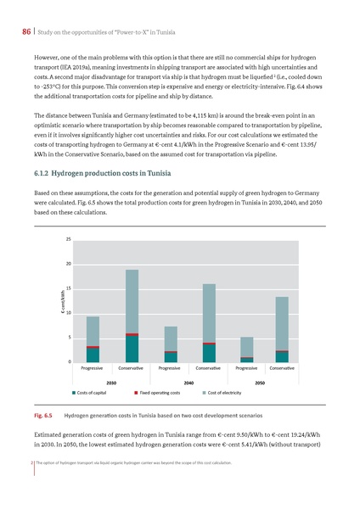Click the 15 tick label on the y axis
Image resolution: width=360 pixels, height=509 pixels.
67,289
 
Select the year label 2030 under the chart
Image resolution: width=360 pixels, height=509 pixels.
110,383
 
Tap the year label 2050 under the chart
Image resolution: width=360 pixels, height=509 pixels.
261,383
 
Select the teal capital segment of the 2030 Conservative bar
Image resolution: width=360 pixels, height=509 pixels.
132,350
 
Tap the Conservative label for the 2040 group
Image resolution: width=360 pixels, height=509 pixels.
208,370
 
